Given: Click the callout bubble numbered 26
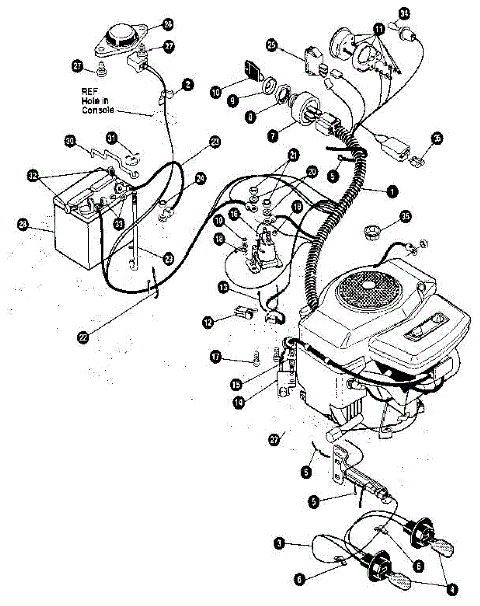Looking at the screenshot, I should click(x=167, y=24).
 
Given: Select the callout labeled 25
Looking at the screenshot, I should click(x=272, y=46).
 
